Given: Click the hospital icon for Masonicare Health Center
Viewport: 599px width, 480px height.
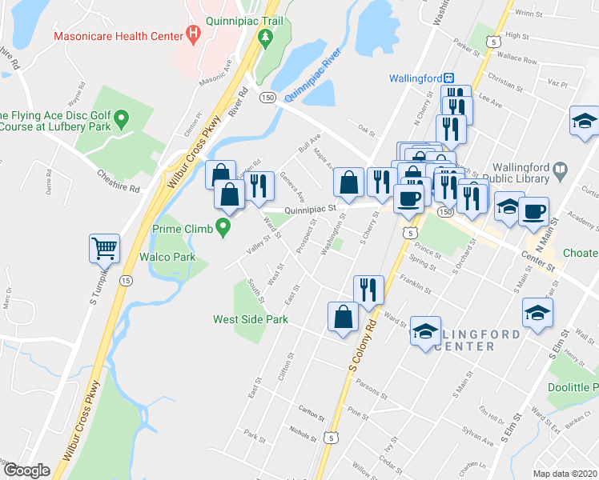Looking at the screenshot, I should point(192,34).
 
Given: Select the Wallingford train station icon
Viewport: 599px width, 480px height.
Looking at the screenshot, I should point(450,78).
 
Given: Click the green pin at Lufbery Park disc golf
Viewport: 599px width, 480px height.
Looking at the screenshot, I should point(122,121).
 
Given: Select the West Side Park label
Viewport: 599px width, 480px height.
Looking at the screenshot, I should point(249,318).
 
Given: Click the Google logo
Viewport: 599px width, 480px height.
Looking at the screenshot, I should point(26,470).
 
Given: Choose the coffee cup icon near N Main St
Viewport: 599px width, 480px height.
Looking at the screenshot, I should point(533,212).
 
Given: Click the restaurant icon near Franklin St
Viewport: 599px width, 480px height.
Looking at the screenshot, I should point(369,289).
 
